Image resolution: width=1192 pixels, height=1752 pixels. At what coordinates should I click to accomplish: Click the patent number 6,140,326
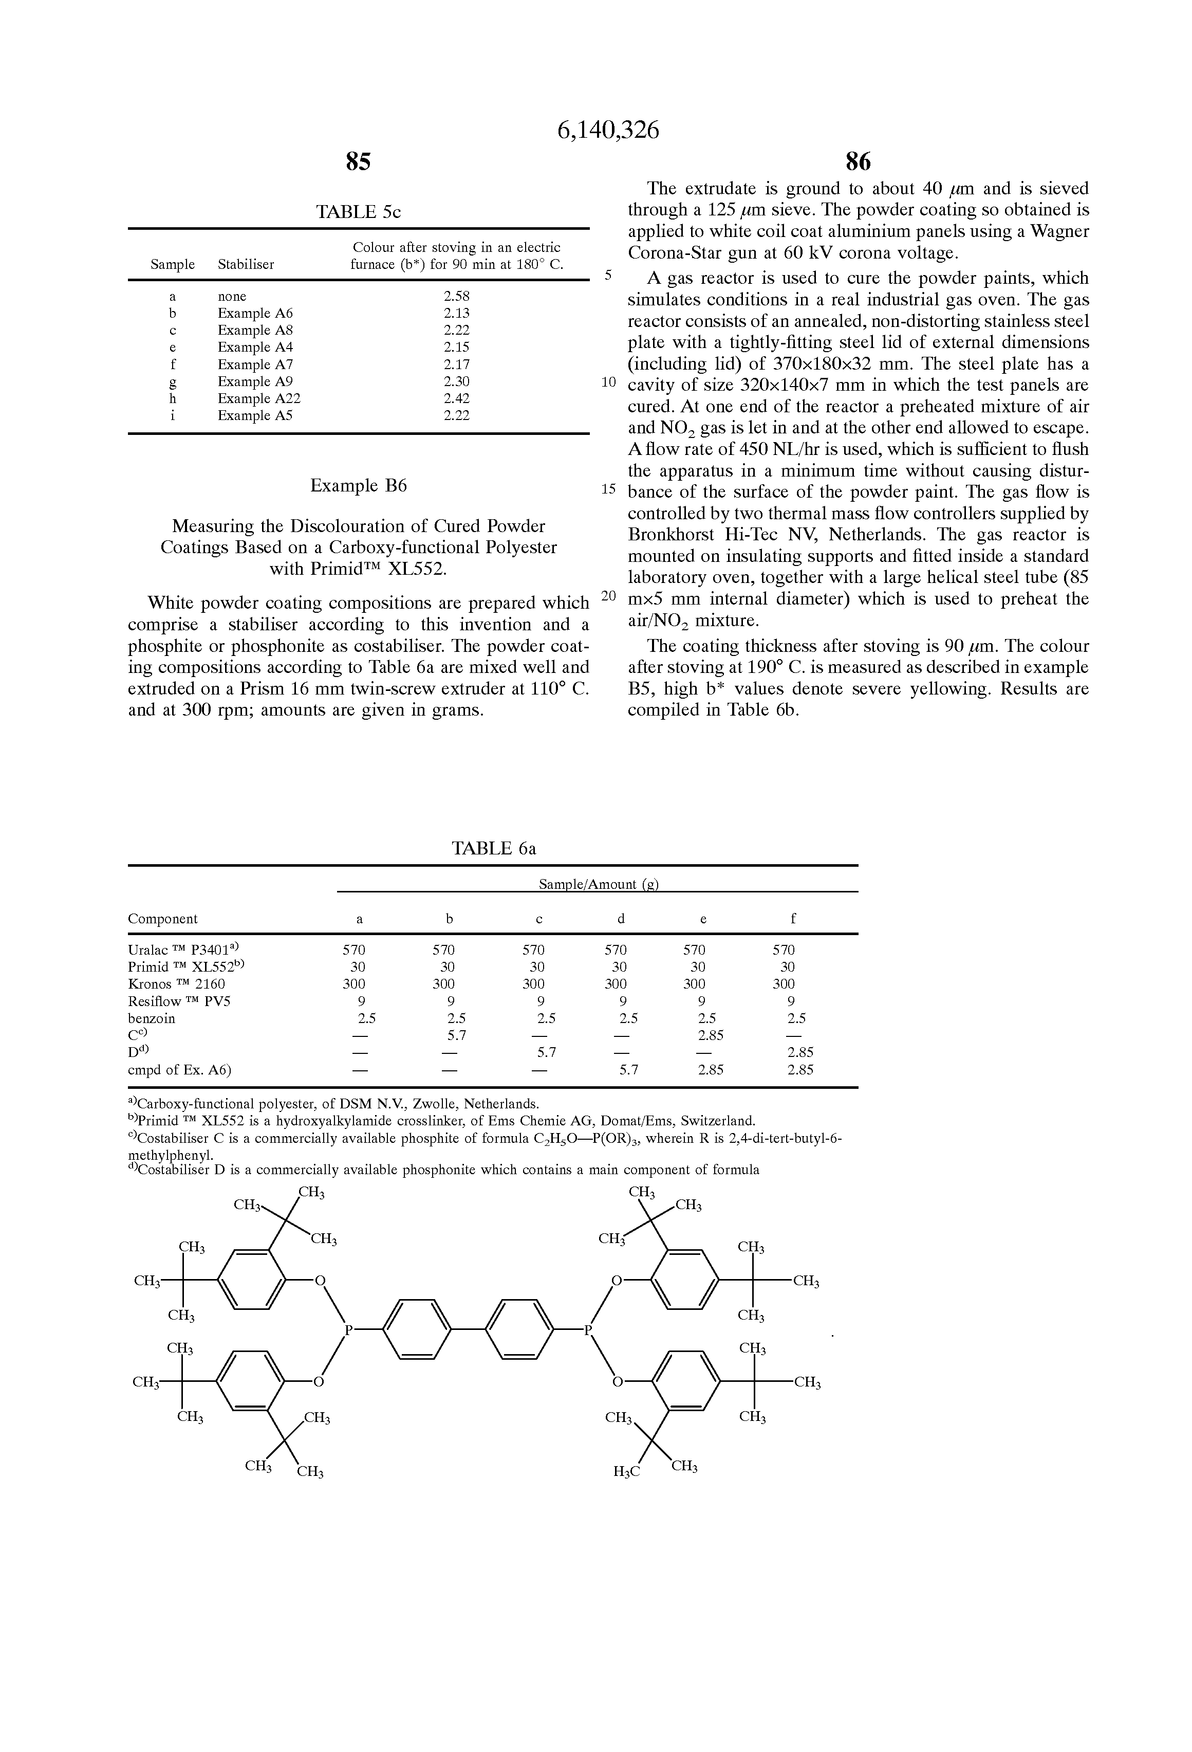click(x=607, y=131)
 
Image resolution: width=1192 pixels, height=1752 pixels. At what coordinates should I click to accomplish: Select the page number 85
click(x=358, y=161)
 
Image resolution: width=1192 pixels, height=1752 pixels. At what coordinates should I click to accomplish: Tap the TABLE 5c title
click(x=358, y=212)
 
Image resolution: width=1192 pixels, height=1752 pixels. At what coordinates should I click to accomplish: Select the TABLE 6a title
click(x=494, y=848)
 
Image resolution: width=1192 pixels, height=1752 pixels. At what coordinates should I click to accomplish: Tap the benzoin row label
click(x=152, y=1018)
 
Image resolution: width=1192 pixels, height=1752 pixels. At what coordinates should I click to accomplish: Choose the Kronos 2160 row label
click(x=176, y=984)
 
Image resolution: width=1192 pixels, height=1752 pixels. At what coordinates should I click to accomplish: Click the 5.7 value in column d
click(x=628, y=1070)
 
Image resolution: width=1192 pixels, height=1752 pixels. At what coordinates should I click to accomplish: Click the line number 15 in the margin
click(x=608, y=489)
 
